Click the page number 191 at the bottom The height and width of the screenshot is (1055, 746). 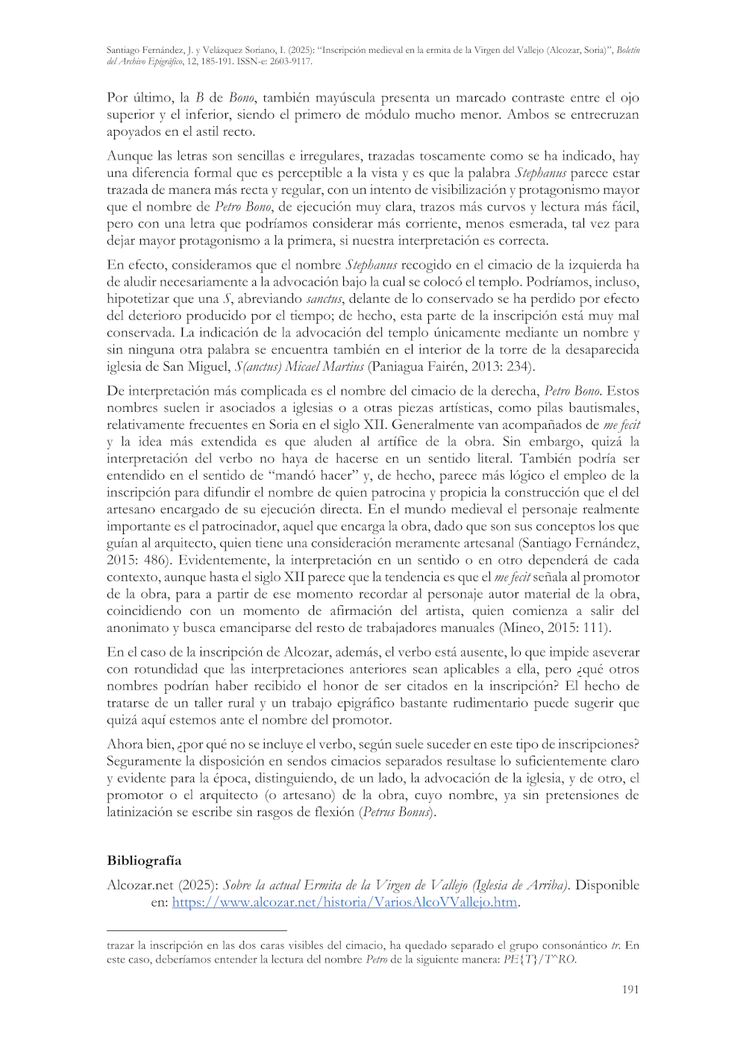[630, 989]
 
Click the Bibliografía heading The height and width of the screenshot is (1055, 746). [144, 860]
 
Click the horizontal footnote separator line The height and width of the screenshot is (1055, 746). [196, 930]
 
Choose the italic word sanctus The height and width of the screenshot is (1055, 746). [324, 298]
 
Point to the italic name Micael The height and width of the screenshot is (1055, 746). [302, 366]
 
